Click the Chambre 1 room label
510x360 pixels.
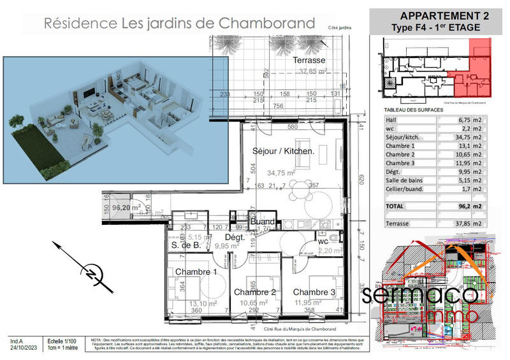pos(196,272)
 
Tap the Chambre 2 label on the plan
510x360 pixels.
pos(254,292)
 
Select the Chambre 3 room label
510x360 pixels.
pos(314,292)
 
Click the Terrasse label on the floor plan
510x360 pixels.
pos(309,60)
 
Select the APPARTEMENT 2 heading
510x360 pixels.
pos(440,15)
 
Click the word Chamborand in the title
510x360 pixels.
pos(267,24)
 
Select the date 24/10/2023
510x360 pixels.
pos(22,348)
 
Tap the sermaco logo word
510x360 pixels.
pos(420,294)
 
